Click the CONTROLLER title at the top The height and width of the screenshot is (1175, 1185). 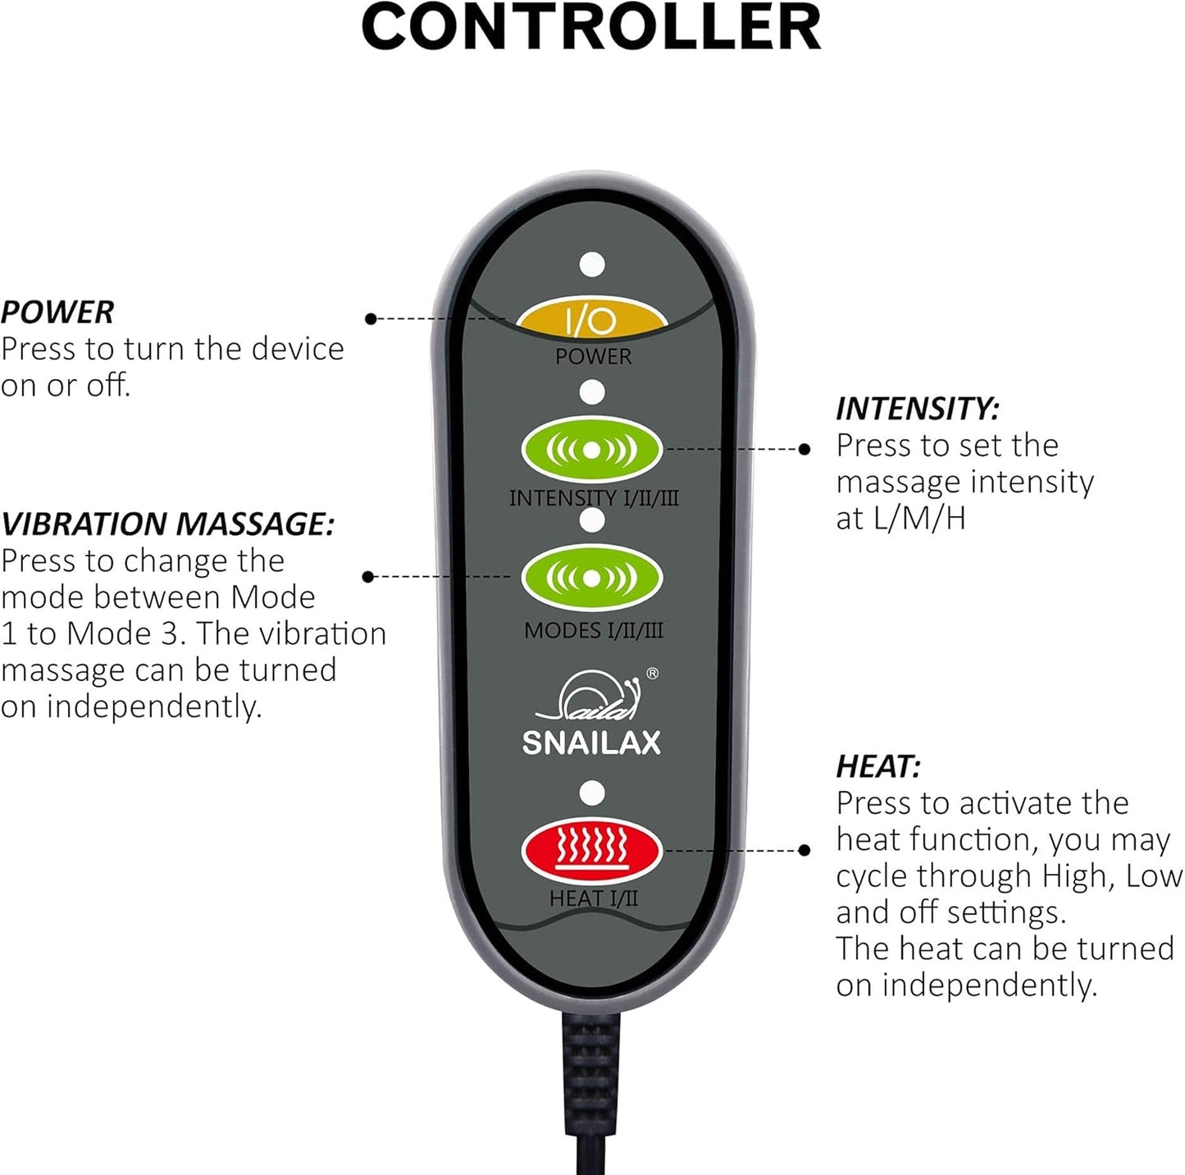591,27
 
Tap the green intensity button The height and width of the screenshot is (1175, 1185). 591,450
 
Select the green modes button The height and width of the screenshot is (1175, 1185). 591,578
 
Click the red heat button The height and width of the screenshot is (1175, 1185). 591,851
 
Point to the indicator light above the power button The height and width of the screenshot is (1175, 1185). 592,265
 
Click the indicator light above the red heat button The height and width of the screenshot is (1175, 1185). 592,793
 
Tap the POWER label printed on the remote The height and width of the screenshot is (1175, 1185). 594,356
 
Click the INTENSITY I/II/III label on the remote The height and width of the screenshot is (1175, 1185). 594,497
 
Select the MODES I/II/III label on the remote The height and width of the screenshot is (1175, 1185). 594,630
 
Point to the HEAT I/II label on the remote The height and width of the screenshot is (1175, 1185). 594,898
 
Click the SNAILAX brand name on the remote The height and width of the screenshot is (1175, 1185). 591,743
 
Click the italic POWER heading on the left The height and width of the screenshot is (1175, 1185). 57,312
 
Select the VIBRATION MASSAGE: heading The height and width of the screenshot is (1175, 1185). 167,523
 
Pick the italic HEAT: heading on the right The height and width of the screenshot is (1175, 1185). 878,767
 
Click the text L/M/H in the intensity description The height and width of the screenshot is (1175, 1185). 918,519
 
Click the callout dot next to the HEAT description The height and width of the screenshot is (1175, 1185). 804,850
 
